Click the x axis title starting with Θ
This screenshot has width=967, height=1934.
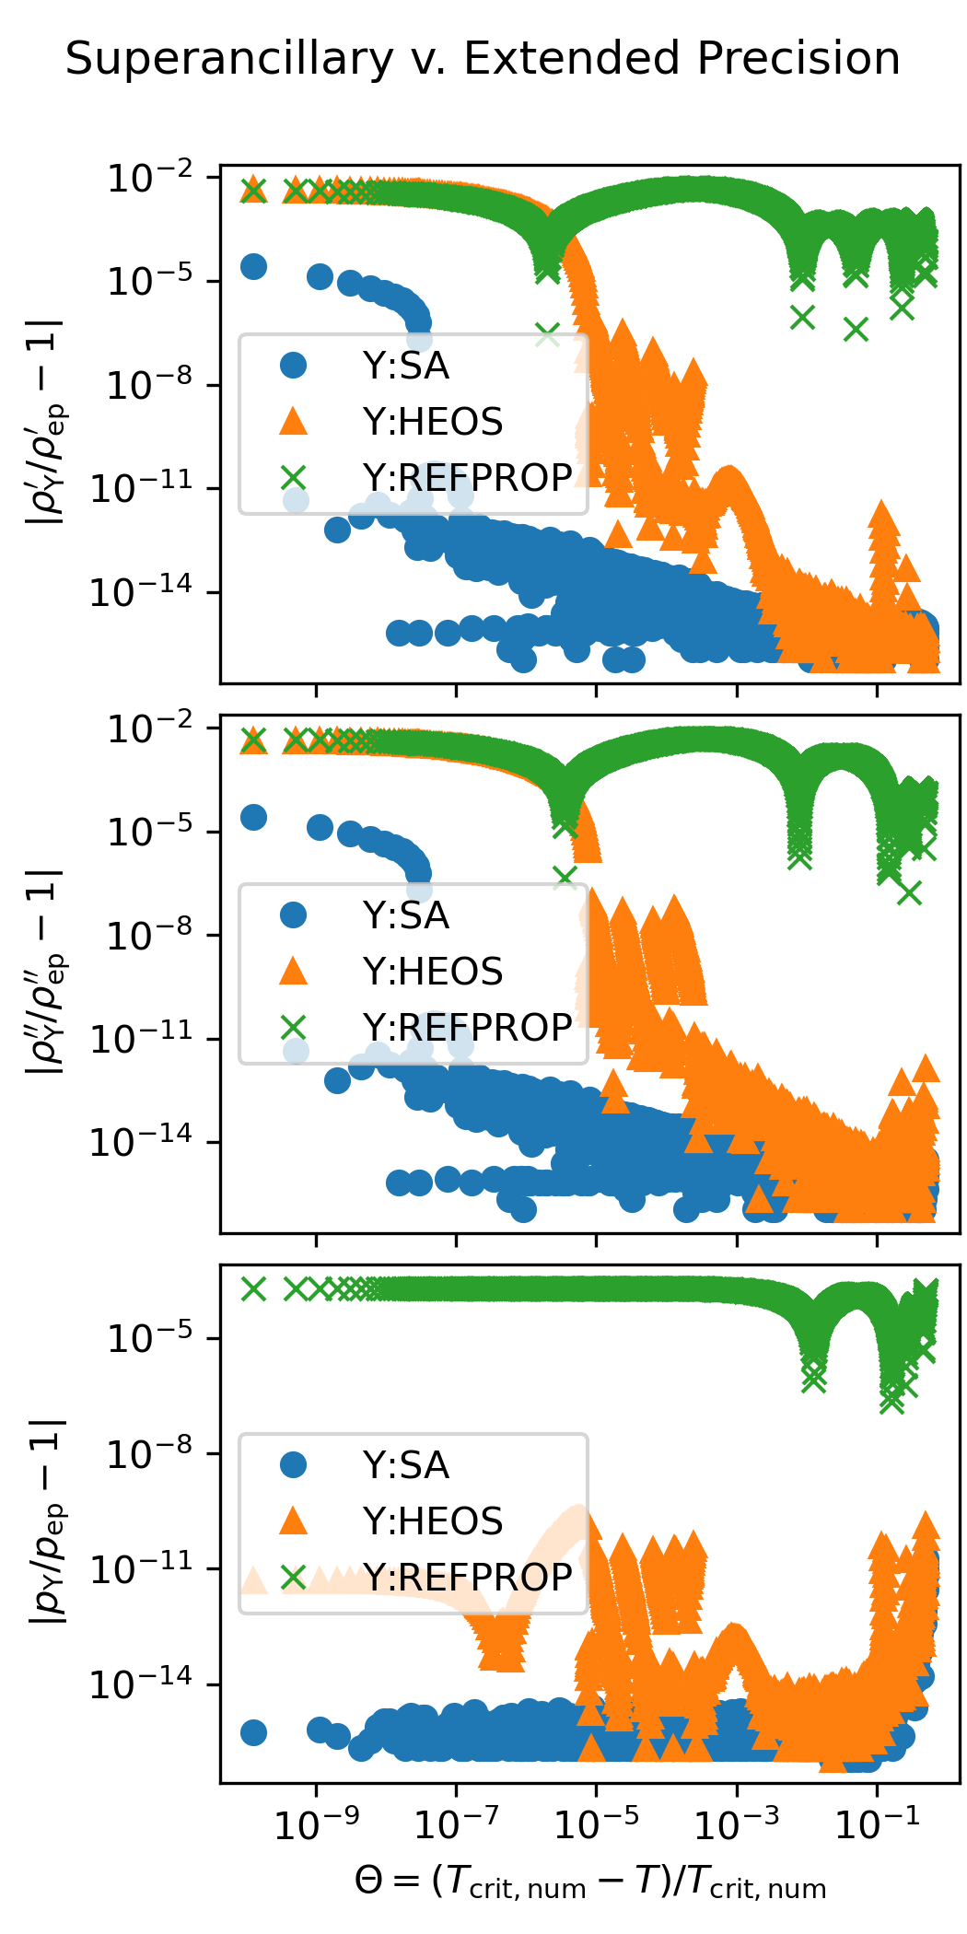tap(589, 1882)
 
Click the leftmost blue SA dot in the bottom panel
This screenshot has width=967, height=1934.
tap(253, 1732)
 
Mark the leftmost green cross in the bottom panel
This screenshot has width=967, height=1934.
tap(253, 1289)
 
